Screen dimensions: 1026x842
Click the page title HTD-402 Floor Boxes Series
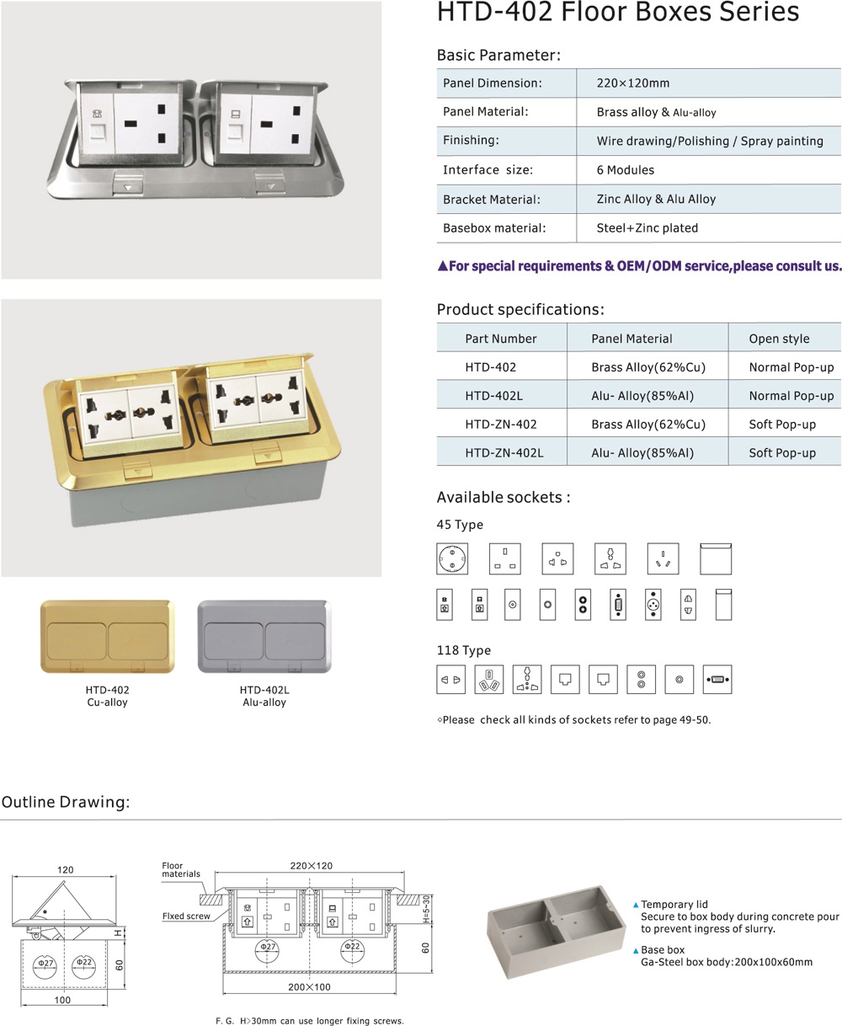(617, 13)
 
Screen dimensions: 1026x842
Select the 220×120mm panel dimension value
(633, 83)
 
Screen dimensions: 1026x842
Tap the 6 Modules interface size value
(625, 170)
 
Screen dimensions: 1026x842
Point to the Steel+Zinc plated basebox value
(647, 227)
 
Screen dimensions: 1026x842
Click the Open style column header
(779, 339)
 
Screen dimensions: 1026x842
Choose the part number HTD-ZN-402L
(504, 452)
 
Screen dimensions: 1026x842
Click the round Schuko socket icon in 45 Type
(452, 558)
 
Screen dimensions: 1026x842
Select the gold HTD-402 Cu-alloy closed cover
(108, 637)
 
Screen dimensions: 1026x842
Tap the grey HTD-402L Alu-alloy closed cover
(264, 637)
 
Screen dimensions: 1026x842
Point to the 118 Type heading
(463, 650)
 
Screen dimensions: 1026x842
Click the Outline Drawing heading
(66, 802)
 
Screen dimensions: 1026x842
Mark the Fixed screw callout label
(186, 916)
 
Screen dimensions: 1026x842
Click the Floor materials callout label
(180, 870)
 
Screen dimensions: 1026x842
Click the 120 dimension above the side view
(65, 869)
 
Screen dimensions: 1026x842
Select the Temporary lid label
(679, 904)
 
